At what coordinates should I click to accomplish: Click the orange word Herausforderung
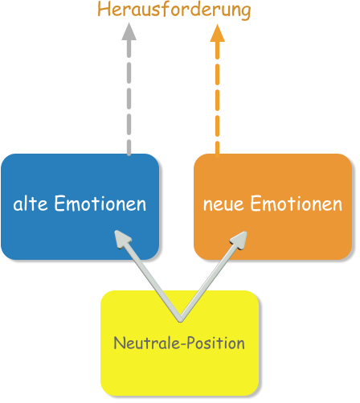click(x=174, y=10)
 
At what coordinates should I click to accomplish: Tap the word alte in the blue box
click(x=31, y=204)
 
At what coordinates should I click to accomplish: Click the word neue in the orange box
click(x=223, y=204)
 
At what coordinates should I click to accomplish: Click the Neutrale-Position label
click(x=179, y=343)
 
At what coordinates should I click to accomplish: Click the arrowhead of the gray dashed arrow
click(x=129, y=31)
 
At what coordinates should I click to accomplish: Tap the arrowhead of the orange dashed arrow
click(x=217, y=31)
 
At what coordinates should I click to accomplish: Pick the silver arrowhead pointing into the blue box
click(x=122, y=239)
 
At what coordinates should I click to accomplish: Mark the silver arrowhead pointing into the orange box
click(x=239, y=240)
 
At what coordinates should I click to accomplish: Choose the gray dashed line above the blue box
click(x=129, y=97)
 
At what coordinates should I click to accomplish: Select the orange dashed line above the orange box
click(x=217, y=97)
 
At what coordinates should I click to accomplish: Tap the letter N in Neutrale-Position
click(x=119, y=343)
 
